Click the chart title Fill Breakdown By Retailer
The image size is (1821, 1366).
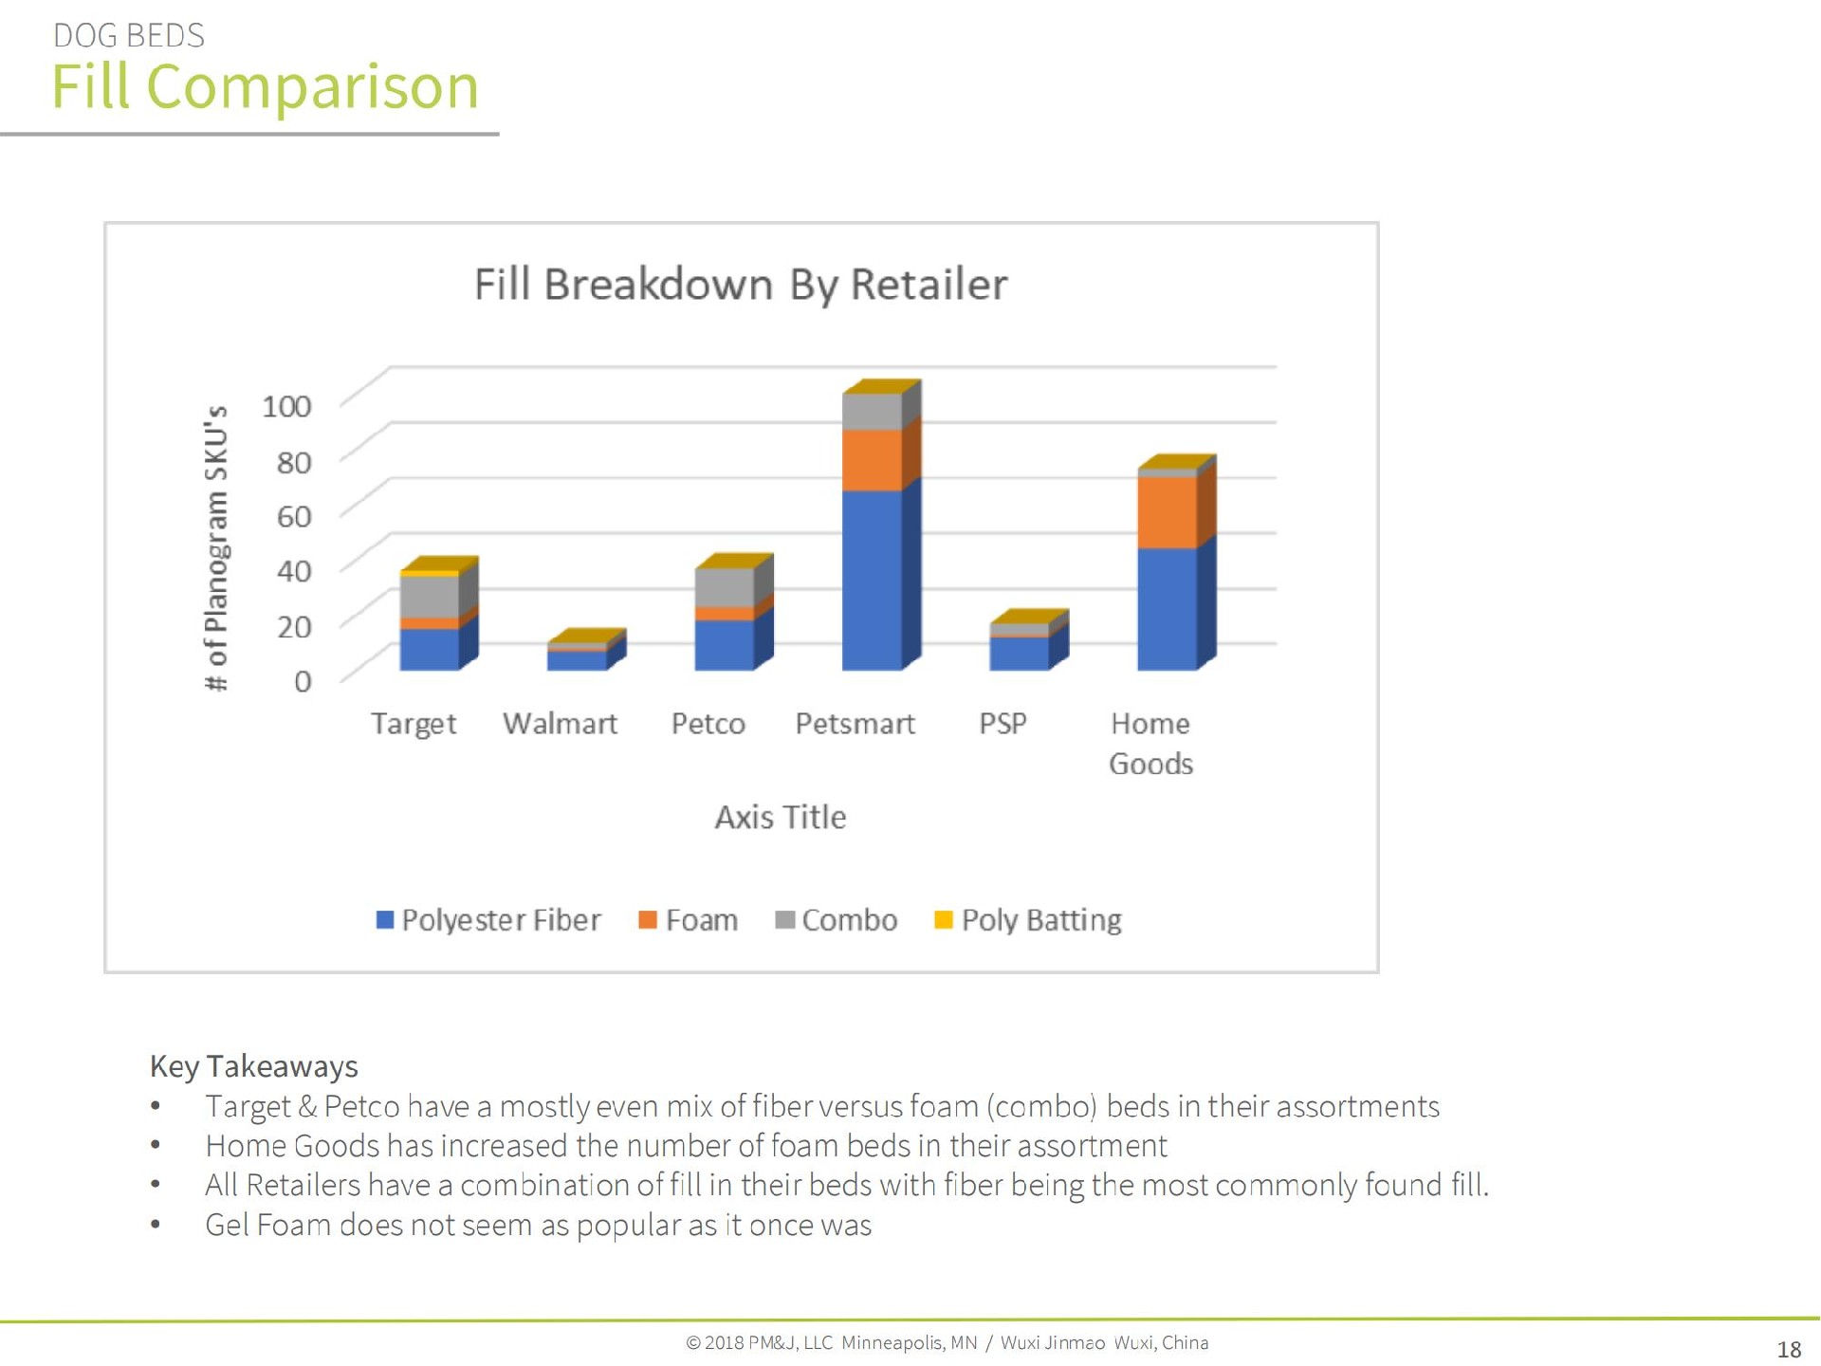740,285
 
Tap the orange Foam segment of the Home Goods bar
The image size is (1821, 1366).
1167,512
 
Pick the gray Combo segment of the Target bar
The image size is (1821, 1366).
429,596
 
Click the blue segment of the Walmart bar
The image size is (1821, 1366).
576,660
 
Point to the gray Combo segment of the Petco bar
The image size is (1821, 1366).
724,587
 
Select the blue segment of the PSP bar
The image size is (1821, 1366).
1019,654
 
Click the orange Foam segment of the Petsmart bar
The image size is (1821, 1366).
872,460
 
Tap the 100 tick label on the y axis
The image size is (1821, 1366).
286,406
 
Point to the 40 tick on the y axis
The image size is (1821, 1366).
294,571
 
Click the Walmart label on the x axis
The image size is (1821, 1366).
560,724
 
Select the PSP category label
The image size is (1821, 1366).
1002,724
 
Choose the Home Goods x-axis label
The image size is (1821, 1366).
1150,743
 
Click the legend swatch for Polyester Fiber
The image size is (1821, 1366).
385,919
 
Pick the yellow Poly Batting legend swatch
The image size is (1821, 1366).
943,919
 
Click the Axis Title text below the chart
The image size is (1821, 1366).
780,817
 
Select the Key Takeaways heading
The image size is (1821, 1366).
253,1066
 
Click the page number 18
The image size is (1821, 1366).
1788,1349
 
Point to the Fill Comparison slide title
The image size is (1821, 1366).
265,86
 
